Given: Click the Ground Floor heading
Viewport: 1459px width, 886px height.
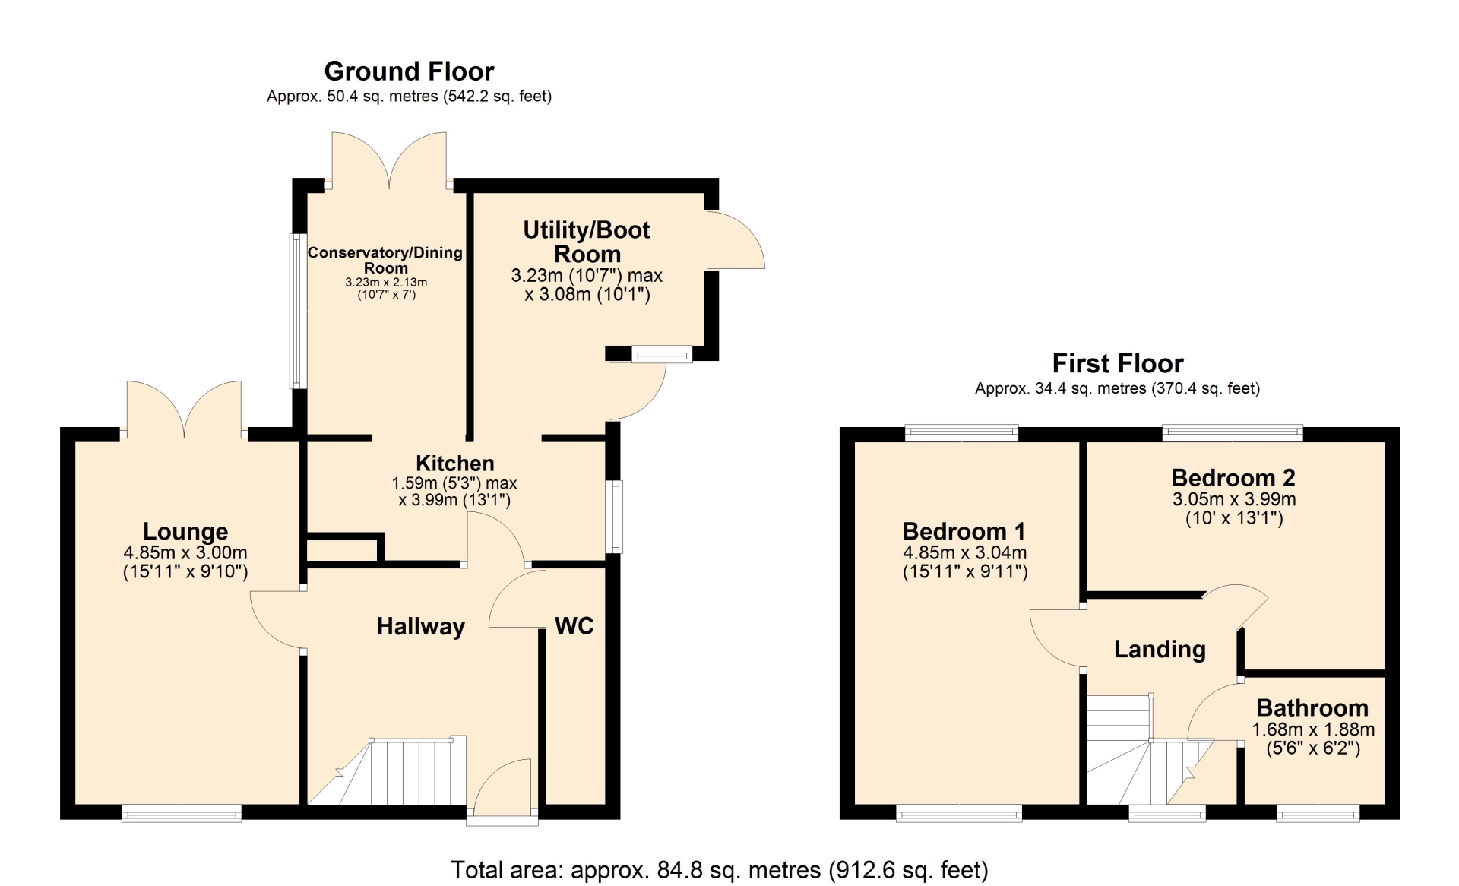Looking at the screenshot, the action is click(x=409, y=71).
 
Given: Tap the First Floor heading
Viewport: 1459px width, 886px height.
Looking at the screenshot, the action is click(x=1118, y=363).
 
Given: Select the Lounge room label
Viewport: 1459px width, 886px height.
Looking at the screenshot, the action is click(x=185, y=531).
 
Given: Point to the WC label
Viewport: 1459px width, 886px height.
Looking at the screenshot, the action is click(x=574, y=626).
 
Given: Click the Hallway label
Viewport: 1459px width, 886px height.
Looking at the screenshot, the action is click(x=421, y=626).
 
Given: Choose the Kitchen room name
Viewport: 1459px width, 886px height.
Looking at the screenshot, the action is click(x=455, y=464).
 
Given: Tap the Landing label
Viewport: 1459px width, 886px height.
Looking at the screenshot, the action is click(x=1160, y=650).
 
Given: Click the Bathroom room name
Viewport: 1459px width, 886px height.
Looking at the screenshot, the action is click(x=1312, y=708).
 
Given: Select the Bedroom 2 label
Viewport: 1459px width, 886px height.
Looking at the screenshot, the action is click(x=1233, y=478).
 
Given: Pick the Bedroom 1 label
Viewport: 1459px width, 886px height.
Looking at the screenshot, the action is click(x=964, y=531).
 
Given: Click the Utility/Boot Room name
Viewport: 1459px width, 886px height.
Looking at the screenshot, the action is click(x=587, y=242).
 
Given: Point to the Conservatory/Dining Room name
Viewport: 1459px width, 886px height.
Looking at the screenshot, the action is click(x=385, y=260).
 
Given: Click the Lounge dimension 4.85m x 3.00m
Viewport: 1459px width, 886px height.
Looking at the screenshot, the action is click(x=185, y=553).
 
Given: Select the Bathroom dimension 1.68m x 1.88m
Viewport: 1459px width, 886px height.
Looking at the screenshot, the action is click(x=1313, y=729).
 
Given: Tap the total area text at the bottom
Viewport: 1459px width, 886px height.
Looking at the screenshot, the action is click(x=720, y=870).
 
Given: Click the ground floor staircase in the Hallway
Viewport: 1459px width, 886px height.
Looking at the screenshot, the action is click(x=388, y=771).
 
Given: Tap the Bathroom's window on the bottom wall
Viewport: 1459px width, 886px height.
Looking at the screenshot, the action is click(x=1318, y=815).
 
